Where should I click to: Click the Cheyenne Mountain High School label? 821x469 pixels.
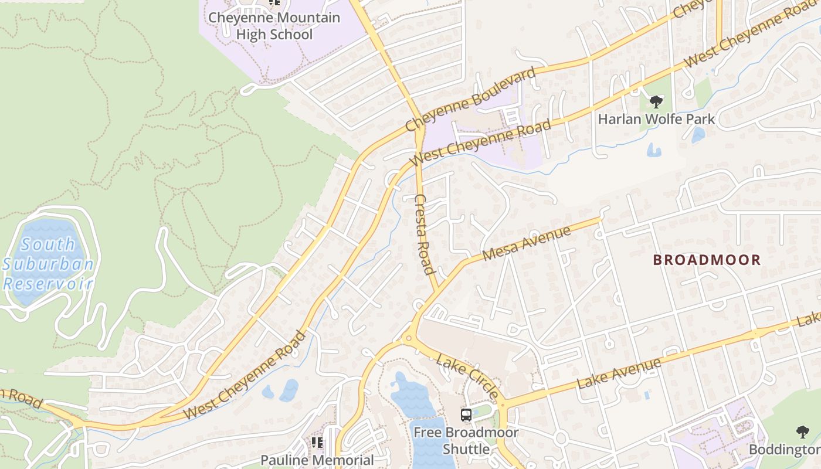(273, 26)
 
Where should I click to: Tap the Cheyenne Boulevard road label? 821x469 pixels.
(471, 99)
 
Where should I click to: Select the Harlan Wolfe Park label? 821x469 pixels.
(656, 119)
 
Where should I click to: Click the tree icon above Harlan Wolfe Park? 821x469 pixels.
(656, 102)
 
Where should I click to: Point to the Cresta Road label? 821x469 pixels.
(425, 235)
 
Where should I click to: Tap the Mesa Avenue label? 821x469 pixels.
(527, 244)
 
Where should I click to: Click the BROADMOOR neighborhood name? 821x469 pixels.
(707, 260)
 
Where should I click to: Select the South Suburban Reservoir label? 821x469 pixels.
(48, 264)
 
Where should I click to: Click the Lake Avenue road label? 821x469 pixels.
(619, 373)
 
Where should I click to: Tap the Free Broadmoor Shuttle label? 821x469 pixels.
(466, 441)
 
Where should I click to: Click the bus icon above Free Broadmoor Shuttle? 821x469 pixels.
(466, 415)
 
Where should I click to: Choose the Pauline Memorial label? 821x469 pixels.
(317, 460)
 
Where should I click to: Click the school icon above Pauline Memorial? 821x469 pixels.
(317, 442)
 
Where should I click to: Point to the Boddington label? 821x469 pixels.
(785, 450)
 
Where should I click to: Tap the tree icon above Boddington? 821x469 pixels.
(802, 433)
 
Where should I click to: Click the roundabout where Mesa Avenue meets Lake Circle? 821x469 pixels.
(408, 338)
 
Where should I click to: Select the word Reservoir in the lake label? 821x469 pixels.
(48, 284)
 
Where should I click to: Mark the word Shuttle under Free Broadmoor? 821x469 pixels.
(466, 450)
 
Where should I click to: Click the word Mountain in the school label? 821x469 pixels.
(303, 18)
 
